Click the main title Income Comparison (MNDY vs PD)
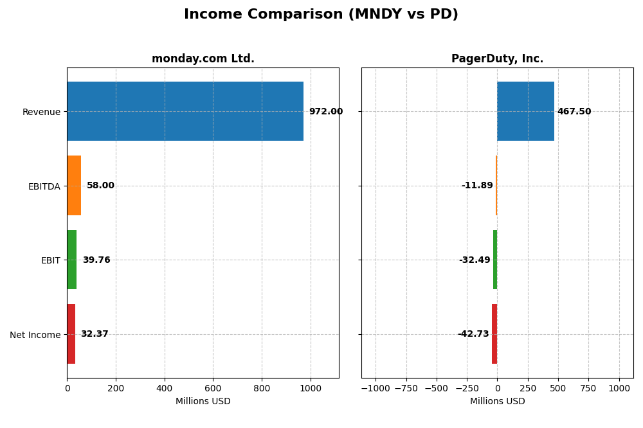pos(321,14)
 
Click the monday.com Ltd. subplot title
pos(203,58)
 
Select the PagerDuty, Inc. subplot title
pos(497,58)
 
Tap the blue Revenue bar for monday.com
pos(185,111)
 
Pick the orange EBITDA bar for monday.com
pos(74,186)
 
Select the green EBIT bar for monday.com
pos(72,260)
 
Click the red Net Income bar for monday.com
pos(71,334)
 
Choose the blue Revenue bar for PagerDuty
pos(525,111)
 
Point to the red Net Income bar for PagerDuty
pos(494,334)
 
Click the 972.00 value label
pos(325,111)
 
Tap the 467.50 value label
pos(574,111)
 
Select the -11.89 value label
pos(477,186)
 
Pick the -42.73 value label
pos(473,334)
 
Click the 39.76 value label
pos(96,260)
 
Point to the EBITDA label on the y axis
pos(44,186)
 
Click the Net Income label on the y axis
pos(35,335)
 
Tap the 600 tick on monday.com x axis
pos(213,388)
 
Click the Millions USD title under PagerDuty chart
pos(497,401)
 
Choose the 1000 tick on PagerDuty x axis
pos(619,388)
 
